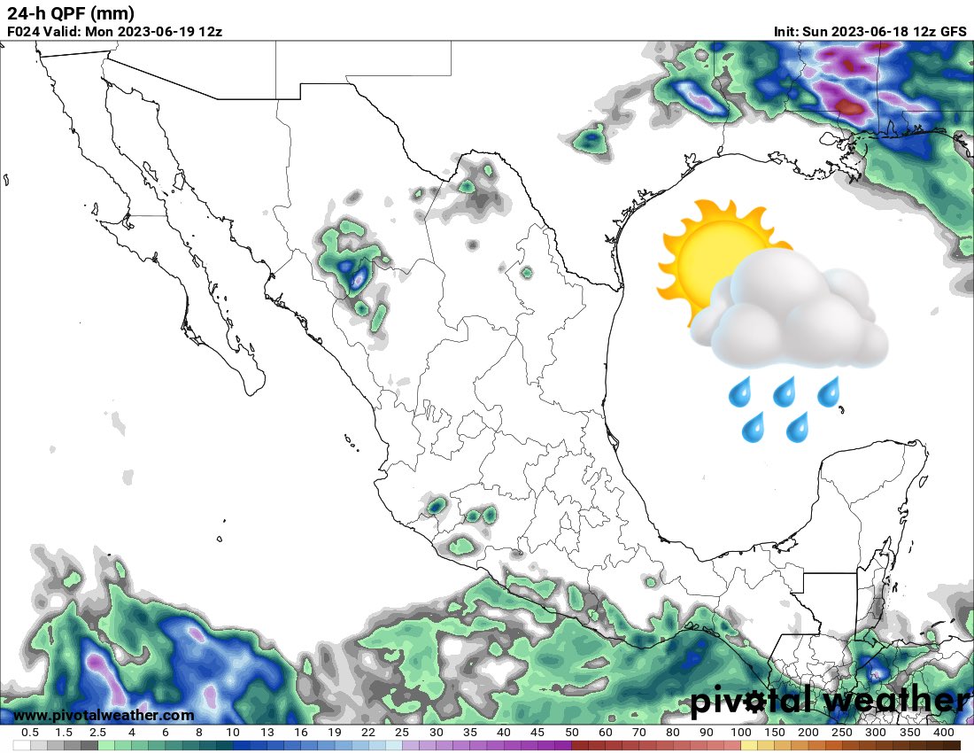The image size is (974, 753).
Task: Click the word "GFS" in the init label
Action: (x=953, y=31)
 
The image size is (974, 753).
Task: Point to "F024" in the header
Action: (x=24, y=31)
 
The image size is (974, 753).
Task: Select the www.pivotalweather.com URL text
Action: (x=104, y=715)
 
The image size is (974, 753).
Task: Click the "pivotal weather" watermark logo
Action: (x=828, y=702)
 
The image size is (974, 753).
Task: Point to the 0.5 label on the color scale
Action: (x=29, y=733)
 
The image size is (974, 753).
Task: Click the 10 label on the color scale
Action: (x=233, y=733)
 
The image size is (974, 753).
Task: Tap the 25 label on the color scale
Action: (x=402, y=733)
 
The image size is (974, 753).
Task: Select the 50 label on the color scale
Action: (x=571, y=733)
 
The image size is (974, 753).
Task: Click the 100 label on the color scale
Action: (x=740, y=733)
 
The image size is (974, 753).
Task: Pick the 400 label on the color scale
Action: (x=943, y=733)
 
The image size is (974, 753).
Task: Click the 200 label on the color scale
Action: (x=808, y=733)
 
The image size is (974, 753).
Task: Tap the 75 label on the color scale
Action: (x=656, y=733)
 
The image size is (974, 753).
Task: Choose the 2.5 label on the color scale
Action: (x=97, y=733)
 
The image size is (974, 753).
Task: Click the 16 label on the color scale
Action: (x=301, y=733)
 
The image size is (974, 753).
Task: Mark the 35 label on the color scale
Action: (x=470, y=733)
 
